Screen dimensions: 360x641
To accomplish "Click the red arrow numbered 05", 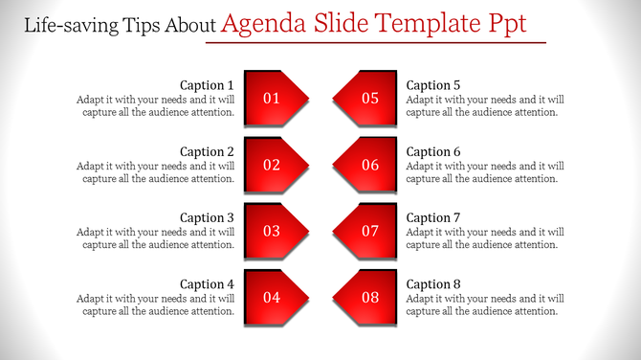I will pos(366,98).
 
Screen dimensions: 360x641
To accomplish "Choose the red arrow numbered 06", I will pos(366,165).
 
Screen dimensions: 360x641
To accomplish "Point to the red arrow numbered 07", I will pos(366,231).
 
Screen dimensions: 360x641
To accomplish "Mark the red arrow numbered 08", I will pos(366,297).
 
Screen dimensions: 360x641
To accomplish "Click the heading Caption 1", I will pos(207,85).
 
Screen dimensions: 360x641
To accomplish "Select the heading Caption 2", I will pos(207,151).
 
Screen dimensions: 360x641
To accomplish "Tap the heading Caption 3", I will pos(207,217).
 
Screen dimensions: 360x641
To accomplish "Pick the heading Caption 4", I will pos(207,283).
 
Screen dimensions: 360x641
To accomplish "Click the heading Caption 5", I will pos(433,85).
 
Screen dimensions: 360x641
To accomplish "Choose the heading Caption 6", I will pos(433,151).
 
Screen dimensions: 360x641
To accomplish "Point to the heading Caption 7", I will pos(433,217).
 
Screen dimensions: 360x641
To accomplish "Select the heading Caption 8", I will pos(433,283).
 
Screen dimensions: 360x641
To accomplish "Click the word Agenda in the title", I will pos(265,23).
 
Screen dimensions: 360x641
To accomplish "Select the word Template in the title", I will pos(434,23).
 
